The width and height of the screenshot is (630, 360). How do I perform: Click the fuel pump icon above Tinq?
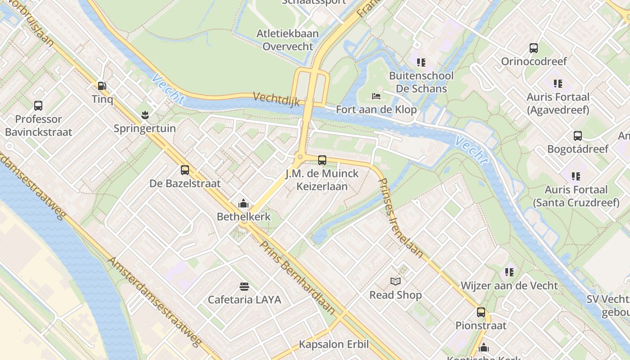(102, 85)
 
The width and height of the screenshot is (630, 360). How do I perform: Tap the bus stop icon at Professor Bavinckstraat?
(38, 106)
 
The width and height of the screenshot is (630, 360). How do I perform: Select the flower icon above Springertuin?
(145, 115)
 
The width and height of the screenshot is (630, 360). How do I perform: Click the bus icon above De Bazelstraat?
(185, 170)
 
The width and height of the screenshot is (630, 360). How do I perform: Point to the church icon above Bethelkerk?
(243, 203)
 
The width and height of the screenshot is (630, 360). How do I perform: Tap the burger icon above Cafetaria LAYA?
(244, 287)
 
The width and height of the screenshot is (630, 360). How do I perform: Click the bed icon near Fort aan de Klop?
(376, 96)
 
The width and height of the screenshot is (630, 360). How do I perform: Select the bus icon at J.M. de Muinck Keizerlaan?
(322, 160)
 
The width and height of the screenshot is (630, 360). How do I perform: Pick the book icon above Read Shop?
(396, 282)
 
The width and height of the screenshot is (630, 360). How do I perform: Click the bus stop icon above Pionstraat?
(481, 312)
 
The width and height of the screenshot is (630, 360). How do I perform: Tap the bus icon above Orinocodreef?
(534, 48)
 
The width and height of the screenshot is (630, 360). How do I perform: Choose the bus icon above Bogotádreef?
(578, 136)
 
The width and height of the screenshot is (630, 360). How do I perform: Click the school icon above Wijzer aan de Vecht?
(509, 272)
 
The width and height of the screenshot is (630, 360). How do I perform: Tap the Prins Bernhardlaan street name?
(297, 277)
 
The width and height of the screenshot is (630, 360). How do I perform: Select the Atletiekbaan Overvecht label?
(288, 40)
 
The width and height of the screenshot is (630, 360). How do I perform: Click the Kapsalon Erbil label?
(334, 345)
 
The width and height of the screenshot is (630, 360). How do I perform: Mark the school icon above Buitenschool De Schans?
(421, 63)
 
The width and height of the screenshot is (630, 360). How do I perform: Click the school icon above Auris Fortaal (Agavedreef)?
(558, 84)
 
